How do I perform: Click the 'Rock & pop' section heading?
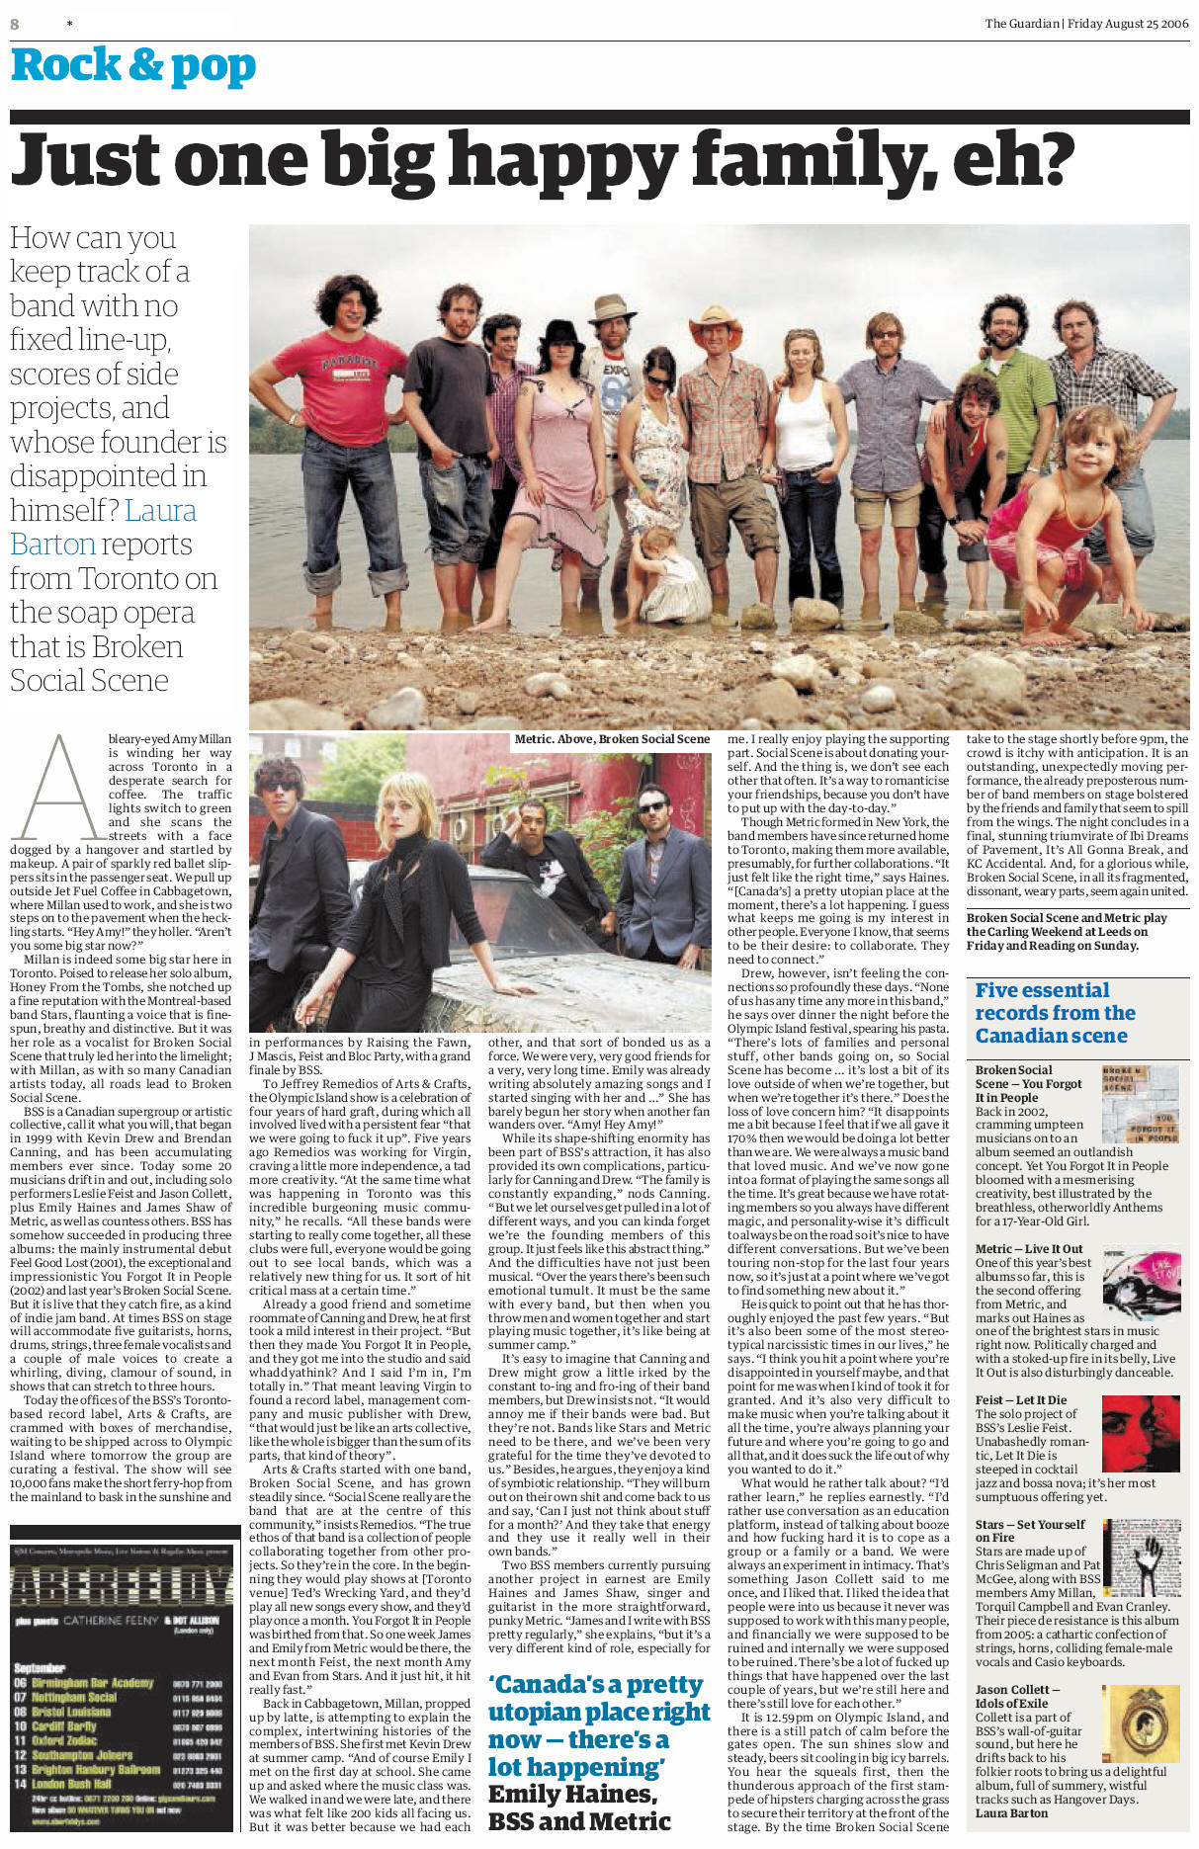[x=133, y=67]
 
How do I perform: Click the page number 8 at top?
[x=15, y=24]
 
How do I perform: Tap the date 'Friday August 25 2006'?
[x=1128, y=24]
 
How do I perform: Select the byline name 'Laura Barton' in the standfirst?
[x=103, y=527]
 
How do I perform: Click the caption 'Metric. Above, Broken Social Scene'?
[x=612, y=739]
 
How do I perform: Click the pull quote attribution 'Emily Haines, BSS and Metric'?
[x=579, y=1807]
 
